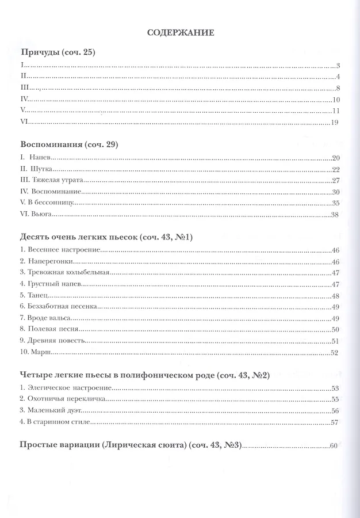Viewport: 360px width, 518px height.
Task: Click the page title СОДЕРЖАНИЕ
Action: point(181,33)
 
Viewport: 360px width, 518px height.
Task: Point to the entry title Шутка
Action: point(43,169)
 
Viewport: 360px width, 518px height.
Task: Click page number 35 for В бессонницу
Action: point(336,203)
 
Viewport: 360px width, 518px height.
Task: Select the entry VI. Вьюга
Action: point(37,214)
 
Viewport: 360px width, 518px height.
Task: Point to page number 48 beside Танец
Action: point(336,295)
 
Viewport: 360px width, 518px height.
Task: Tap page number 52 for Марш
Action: point(336,352)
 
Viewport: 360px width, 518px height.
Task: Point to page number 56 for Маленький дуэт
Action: point(336,411)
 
